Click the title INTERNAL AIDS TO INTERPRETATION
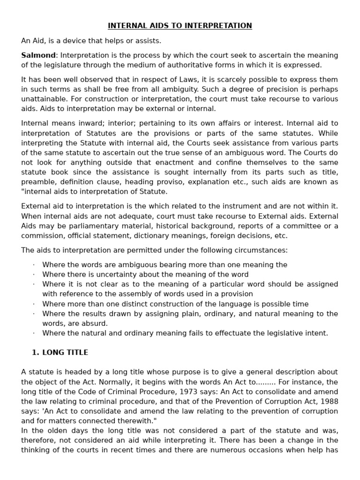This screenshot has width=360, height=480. point(180,26)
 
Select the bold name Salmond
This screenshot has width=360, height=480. point(38,55)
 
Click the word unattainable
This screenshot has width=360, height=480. point(43,99)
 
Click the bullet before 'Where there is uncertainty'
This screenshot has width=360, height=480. point(34,275)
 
